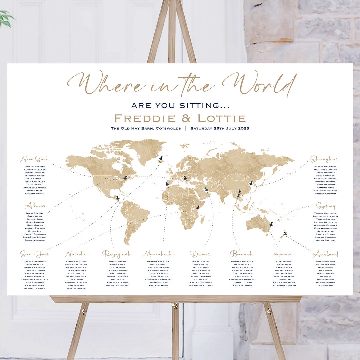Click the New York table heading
(35, 159)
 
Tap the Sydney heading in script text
(326, 206)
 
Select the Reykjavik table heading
(117, 254)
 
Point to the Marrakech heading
(158, 254)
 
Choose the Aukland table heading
(325, 254)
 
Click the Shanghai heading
(325, 159)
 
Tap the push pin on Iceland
(161, 158)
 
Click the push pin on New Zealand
(285, 234)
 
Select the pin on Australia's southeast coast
(271, 225)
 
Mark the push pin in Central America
(118, 198)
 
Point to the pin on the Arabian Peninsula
(206, 190)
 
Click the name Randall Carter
(34, 289)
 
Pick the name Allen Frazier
(325, 240)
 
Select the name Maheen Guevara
(325, 194)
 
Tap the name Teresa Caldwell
(325, 213)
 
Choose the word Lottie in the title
(222, 118)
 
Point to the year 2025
(243, 128)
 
